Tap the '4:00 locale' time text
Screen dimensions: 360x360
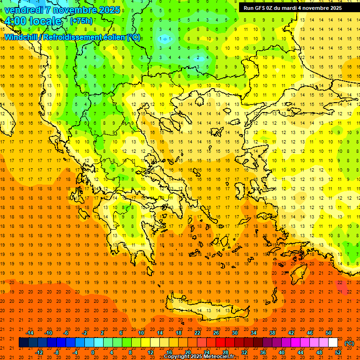(x=33, y=21)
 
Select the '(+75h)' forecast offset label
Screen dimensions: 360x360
(x=81, y=21)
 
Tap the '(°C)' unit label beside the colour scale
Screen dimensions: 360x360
(x=349, y=343)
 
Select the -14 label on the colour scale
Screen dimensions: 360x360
(x=29, y=332)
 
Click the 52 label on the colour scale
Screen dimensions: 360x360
(x=338, y=352)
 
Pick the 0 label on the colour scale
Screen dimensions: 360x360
(x=93, y=352)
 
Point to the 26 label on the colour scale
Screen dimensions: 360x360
(x=216, y=332)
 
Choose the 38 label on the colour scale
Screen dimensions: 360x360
(x=272, y=332)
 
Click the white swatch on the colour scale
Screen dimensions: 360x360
(x=333, y=343)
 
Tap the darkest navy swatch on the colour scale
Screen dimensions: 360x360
(x=23, y=343)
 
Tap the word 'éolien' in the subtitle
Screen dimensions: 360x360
(x=112, y=37)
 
